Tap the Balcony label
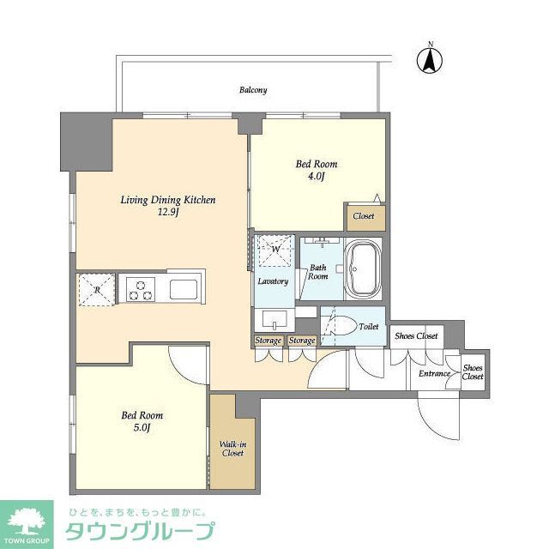tap(253, 90)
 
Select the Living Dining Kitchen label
tap(167, 206)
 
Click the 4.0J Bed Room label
tap(317, 170)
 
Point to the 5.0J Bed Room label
tap(142, 421)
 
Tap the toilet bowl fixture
tap(341, 327)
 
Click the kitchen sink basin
tap(184, 287)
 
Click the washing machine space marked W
tap(275, 250)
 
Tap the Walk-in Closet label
tap(232, 448)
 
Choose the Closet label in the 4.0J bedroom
tap(364, 216)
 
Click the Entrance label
tap(434, 373)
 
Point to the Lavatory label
tap(273, 281)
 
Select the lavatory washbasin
tap(274, 320)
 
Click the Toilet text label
tap(369, 327)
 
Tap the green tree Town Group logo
tap(27, 522)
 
